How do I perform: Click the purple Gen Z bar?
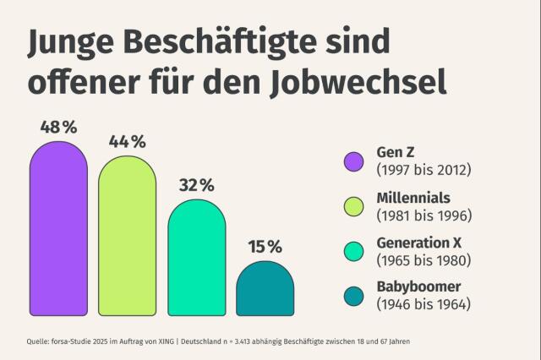click(x=58, y=228)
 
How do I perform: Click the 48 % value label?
click(x=58, y=128)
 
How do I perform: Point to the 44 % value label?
click(x=128, y=141)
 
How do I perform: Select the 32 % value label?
click(x=196, y=184)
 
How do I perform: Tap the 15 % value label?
click(x=265, y=247)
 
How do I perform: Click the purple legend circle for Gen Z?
click(x=354, y=161)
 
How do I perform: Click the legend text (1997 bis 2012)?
click(x=424, y=170)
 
